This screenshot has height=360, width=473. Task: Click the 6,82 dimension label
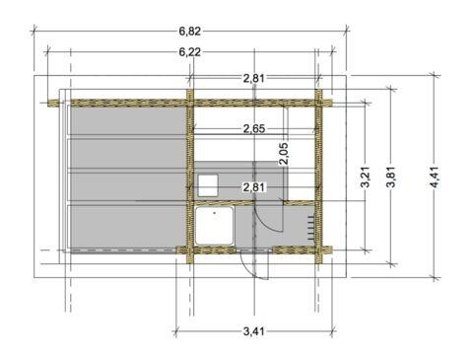[189, 32]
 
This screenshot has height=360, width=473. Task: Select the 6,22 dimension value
[189, 52]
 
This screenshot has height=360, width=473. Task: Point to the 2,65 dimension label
[253, 128]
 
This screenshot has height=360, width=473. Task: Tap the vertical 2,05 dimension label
[284, 154]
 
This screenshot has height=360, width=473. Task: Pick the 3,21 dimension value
[366, 177]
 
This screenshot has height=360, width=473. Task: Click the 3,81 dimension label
[391, 177]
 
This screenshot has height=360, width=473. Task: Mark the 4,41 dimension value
[435, 177]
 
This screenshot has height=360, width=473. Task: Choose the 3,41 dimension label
[253, 331]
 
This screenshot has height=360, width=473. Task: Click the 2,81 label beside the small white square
[253, 187]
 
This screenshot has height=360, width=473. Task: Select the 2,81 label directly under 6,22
[253, 78]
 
